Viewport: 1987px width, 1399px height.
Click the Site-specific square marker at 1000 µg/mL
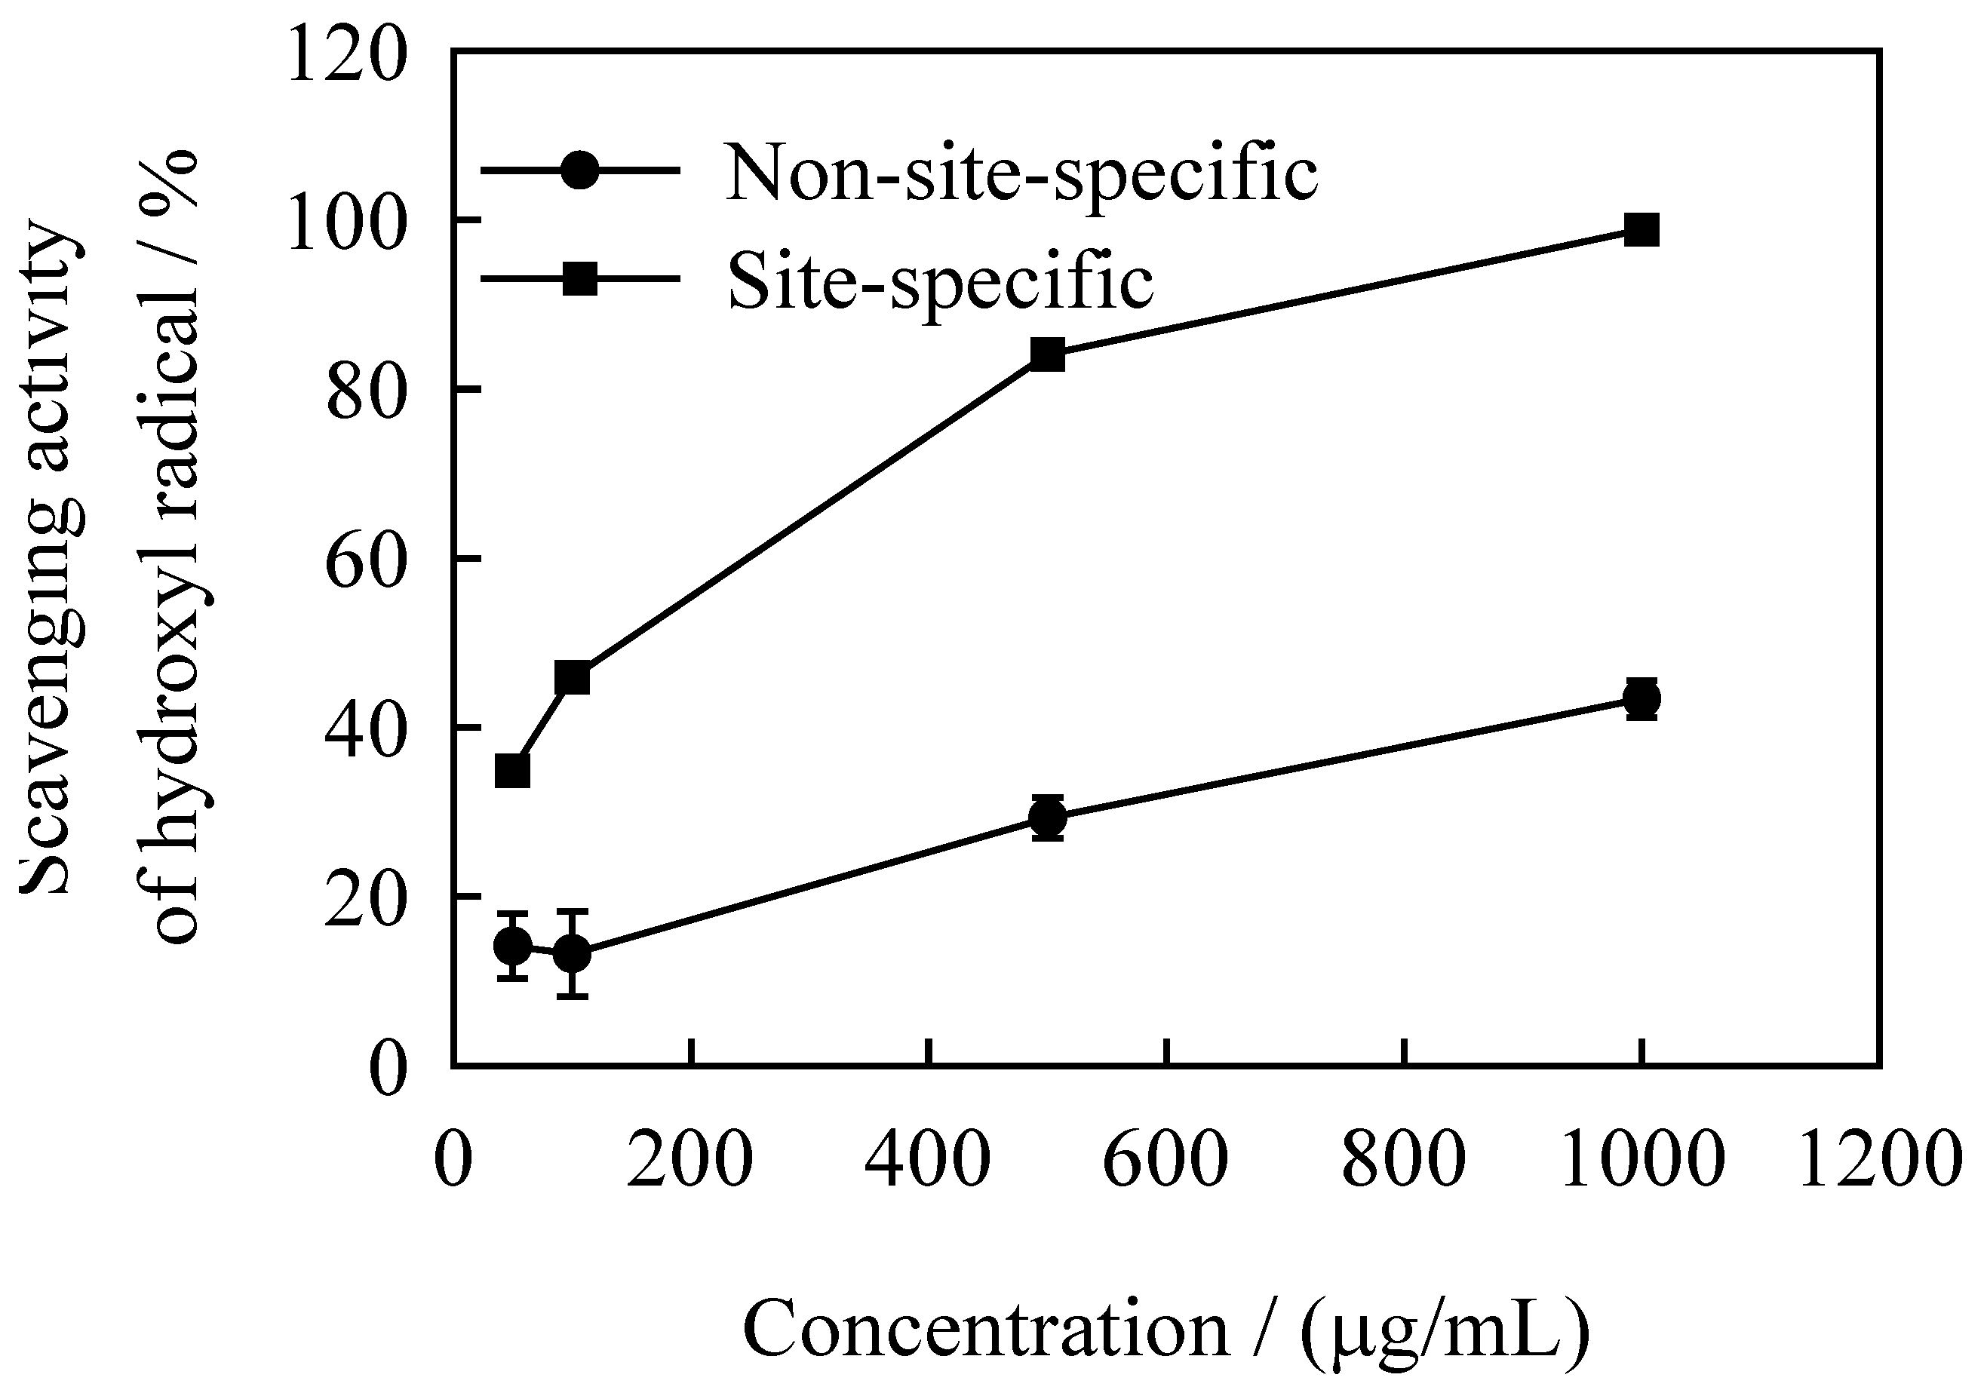[1642, 230]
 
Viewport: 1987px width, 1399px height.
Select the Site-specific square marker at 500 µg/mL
[1047, 354]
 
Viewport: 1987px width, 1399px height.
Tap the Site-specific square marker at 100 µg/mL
[572, 677]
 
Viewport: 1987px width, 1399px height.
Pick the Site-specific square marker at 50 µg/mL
[512, 771]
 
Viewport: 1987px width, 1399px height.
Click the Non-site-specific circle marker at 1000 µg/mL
[1642, 698]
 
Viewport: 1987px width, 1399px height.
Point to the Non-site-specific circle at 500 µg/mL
[1048, 817]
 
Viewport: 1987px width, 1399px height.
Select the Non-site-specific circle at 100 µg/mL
[572, 954]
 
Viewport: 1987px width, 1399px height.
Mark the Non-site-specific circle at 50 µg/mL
[512, 946]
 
